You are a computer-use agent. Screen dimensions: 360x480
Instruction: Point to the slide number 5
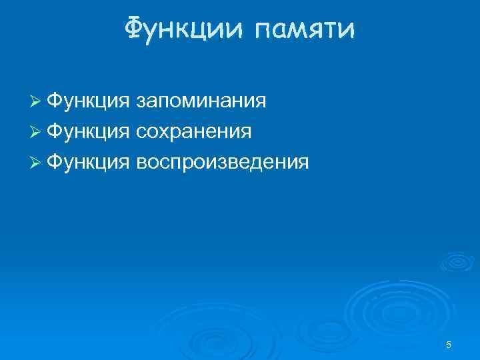tap(449, 345)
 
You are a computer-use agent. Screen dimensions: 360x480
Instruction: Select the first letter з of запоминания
tap(140, 102)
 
